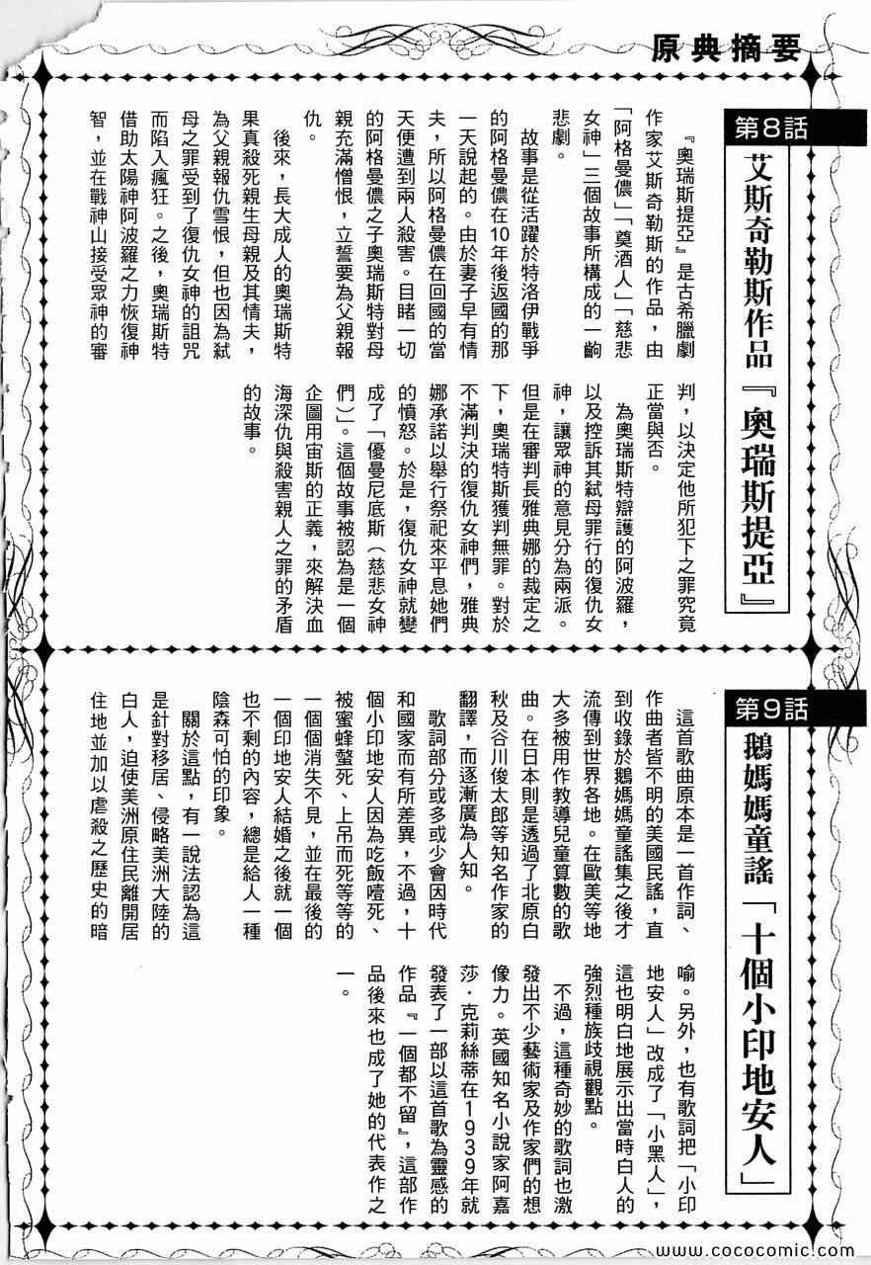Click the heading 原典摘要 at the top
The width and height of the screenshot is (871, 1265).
(725, 46)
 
